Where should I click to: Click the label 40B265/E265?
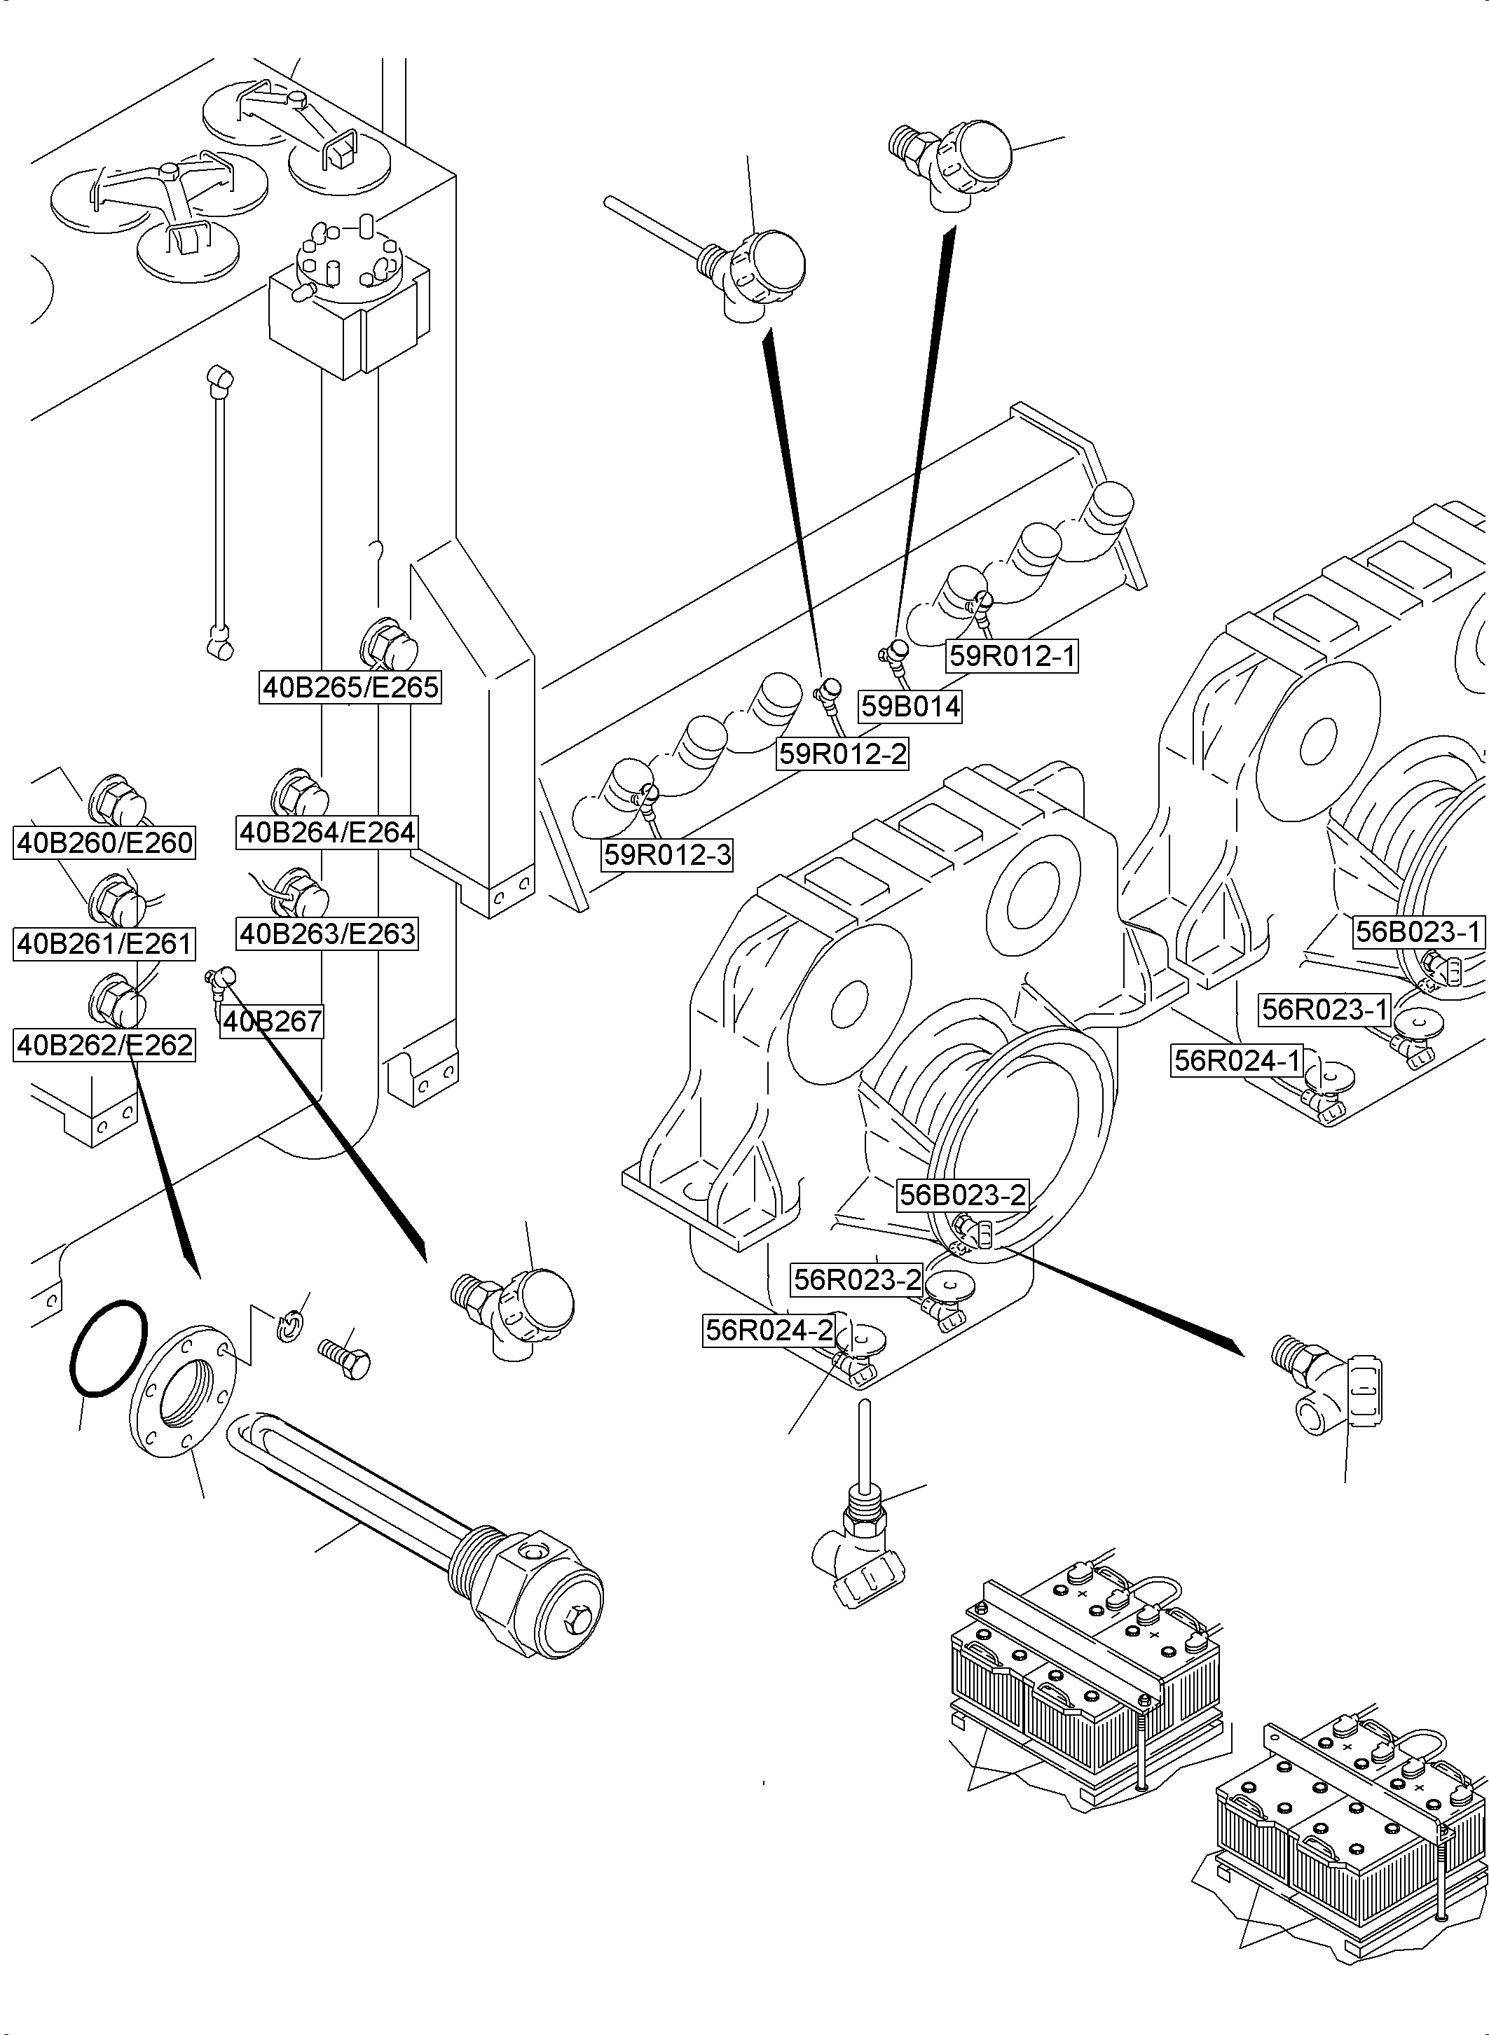click(350, 688)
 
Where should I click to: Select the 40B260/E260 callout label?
click(104, 843)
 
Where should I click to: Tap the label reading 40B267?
click(271, 1022)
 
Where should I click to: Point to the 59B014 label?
click(910, 707)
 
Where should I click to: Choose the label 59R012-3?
click(667, 854)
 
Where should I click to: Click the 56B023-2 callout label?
click(963, 1195)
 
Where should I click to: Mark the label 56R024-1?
click(1237, 1060)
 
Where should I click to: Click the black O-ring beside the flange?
click(107, 1349)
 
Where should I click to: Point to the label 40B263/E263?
click(327, 933)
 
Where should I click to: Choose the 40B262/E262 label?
click(104, 1045)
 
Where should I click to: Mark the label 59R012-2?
click(842, 753)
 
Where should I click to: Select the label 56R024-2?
click(769, 1330)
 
